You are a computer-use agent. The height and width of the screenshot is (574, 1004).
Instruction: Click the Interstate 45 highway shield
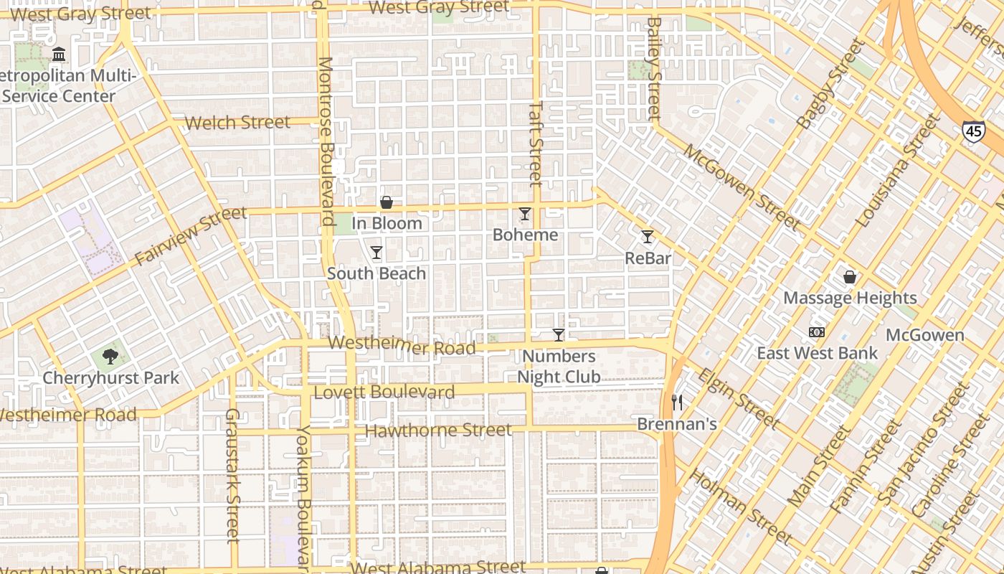tap(973, 131)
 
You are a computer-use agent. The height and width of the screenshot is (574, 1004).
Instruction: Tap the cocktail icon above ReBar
tap(648, 236)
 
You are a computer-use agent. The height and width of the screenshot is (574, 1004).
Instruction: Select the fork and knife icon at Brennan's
tap(676, 402)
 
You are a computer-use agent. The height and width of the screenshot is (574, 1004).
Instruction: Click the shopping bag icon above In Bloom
tap(387, 202)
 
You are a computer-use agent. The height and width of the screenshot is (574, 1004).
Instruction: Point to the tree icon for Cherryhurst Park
tap(110, 356)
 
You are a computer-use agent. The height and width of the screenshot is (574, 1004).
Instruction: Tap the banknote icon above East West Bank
tap(816, 332)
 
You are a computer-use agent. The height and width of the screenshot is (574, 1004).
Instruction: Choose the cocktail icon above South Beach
tap(376, 252)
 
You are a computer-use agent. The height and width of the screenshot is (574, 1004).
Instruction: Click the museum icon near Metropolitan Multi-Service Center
tap(59, 54)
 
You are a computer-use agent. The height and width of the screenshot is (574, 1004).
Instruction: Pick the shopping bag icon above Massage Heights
tap(850, 276)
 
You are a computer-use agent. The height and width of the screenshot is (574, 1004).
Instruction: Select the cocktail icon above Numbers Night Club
tap(558, 334)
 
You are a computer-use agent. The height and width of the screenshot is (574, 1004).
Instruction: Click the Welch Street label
tap(237, 123)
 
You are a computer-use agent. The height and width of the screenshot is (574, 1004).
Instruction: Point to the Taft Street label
tap(536, 143)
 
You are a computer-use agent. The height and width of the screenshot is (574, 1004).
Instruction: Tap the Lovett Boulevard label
tap(384, 392)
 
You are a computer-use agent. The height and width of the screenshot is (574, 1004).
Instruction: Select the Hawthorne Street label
tap(438, 430)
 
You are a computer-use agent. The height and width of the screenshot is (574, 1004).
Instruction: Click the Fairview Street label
tap(191, 235)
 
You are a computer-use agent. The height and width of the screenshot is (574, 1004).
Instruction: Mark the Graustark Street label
tap(232, 475)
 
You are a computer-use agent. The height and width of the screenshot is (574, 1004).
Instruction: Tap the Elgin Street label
tap(738, 397)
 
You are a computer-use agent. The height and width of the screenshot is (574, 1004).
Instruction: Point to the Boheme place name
tap(525, 235)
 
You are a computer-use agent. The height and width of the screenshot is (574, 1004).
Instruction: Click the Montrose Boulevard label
tap(326, 141)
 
